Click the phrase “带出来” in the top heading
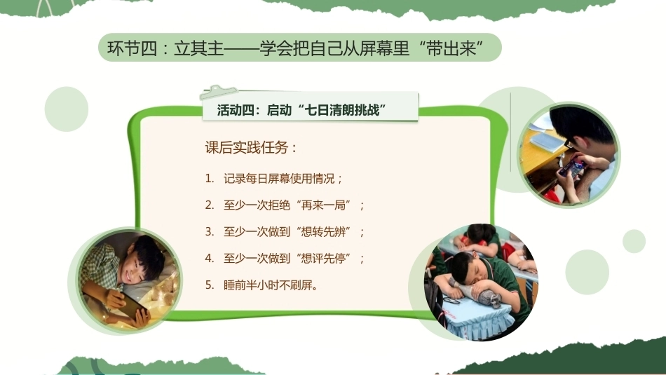click(451, 48)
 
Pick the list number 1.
click(208, 179)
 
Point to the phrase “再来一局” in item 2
click(325, 205)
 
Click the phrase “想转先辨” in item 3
click(325, 232)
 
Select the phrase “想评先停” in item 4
click(325, 258)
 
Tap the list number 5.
click(209, 285)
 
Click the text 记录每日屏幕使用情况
click(279, 179)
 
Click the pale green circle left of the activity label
click(67, 109)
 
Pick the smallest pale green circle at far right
click(634, 241)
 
